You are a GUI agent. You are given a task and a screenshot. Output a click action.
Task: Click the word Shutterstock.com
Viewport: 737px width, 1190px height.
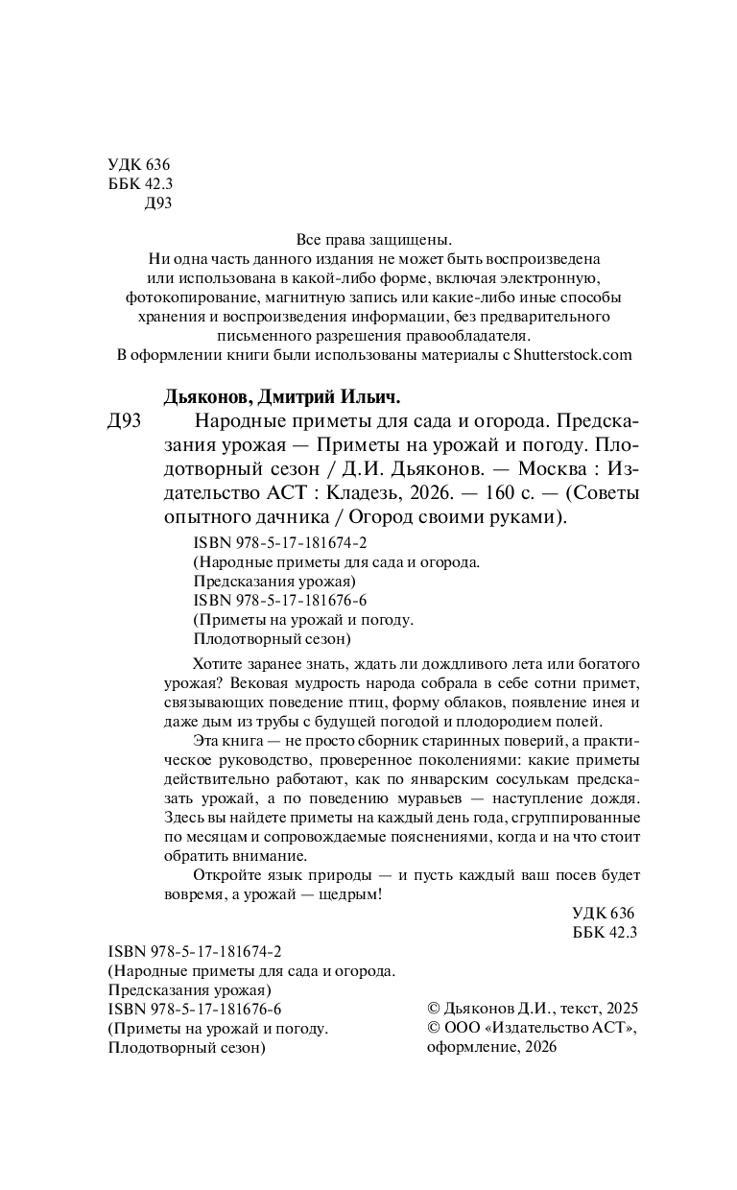click(574, 354)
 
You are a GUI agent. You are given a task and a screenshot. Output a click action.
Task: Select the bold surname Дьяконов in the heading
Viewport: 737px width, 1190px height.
click(203, 397)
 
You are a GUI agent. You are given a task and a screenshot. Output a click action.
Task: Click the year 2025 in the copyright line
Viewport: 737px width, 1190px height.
click(620, 1009)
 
